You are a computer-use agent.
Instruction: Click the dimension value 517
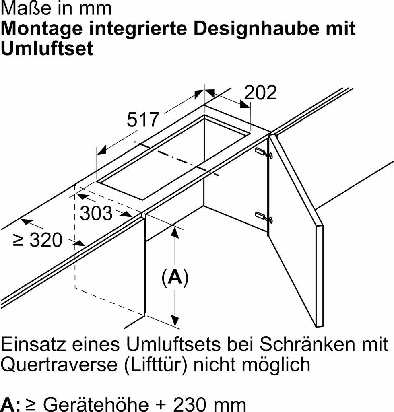143,120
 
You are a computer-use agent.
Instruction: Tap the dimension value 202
261,93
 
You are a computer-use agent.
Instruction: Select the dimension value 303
97,214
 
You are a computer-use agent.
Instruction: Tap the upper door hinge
264,153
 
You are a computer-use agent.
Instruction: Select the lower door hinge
264,217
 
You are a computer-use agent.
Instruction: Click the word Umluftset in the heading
47,49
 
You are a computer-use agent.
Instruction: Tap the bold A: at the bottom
10,403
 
